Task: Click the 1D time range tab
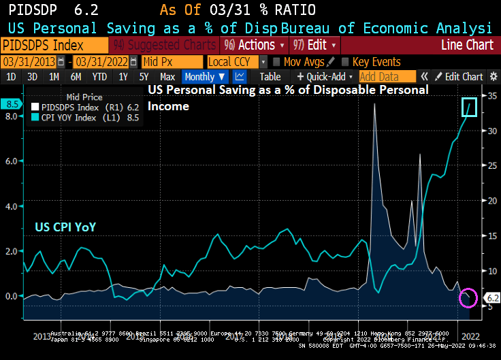point(11,77)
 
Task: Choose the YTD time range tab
point(99,77)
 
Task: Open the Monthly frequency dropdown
point(205,77)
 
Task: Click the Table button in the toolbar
point(270,77)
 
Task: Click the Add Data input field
point(387,77)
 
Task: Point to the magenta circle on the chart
point(468,298)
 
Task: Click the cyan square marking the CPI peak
point(468,107)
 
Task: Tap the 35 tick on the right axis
point(489,96)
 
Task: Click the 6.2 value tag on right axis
point(491,298)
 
